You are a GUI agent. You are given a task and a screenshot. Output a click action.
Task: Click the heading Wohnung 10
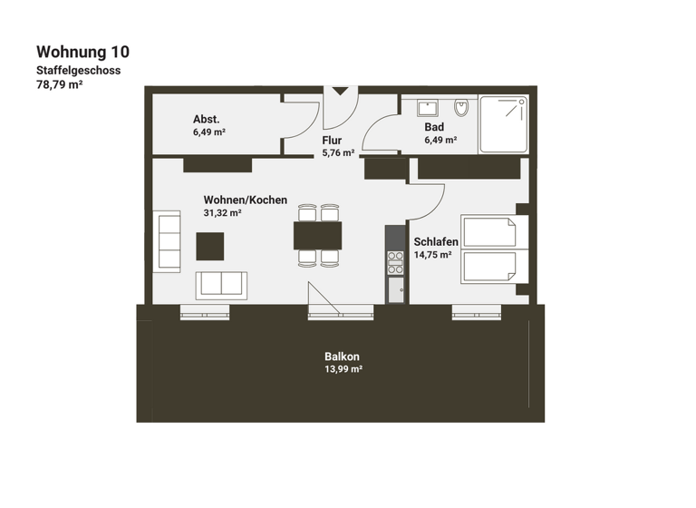tap(82, 52)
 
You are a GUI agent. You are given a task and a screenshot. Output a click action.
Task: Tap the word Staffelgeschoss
tap(78, 70)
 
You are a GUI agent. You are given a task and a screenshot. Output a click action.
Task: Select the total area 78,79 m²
tap(59, 84)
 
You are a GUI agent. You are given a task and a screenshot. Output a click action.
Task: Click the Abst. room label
tap(206, 120)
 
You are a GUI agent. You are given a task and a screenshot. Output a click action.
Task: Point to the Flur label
tap(332, 141)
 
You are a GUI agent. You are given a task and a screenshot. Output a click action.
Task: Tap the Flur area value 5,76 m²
tap(338, 153)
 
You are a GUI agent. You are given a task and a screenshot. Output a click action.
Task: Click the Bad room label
tap(434, 127)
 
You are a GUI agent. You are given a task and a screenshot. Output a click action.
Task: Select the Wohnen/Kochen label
tap(245, 200)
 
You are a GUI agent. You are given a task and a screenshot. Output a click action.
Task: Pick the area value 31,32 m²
tap(222, 213)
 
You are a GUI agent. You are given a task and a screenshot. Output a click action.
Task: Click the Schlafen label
tap(436, 242)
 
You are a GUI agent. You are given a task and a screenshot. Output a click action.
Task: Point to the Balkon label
tap(343, 357)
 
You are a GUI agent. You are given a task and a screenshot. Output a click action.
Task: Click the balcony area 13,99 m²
tap(343, 369)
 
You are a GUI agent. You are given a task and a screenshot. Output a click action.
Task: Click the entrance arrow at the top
tap(341, 91)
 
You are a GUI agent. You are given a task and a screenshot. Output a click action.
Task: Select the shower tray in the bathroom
tap(503, 124)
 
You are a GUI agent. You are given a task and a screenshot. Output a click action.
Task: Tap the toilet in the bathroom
tap(461, 108)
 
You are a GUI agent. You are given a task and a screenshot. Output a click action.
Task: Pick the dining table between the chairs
tap(318, 236)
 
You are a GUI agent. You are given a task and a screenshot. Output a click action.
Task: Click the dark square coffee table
tap(210, 246)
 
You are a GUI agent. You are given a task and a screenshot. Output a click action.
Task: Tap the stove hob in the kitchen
tap(395, 262)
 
